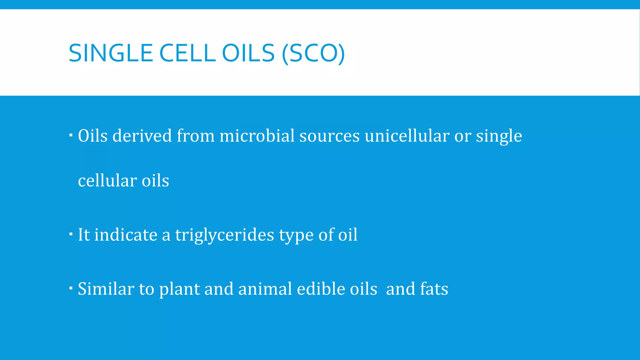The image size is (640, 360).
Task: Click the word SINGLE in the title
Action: [110, 53]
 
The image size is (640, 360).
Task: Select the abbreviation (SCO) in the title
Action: [313, 53]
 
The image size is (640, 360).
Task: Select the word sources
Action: [329, 136]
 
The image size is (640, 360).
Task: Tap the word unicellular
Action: [407, 136]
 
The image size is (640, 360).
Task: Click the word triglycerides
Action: [224, 235]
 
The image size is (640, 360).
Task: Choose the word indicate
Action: [126, 235]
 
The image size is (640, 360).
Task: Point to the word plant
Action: [179, 289]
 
